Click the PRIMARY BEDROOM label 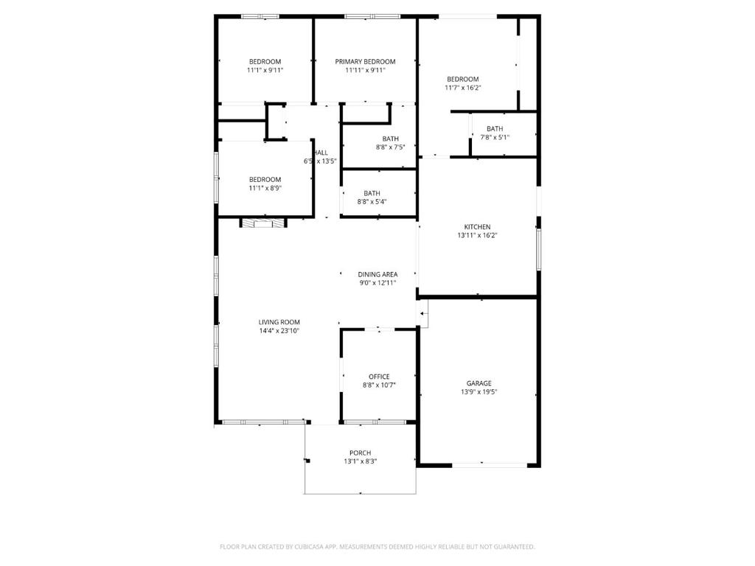(x=365, y=62)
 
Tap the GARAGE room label (x=479, y=383)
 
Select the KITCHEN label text (x=477, y=227)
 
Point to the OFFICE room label (x=379, y=377)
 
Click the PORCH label (x=360, y=453)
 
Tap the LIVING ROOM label (x=279, y=322)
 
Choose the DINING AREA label (x=377, y=274)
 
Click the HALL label (x=321, y=153)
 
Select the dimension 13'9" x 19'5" (x=479, y=392)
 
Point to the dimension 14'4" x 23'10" (x=279, y=331)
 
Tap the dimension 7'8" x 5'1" (x=495, y=137)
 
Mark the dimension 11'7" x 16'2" (x=462, y=88)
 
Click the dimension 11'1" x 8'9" (x=265, y=188)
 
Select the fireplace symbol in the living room (x=262, y=223)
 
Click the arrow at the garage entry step (x=423, y=315)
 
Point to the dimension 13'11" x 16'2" (x=477, y=236)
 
